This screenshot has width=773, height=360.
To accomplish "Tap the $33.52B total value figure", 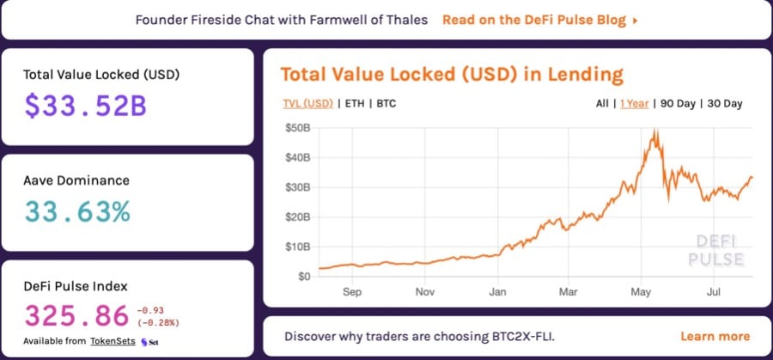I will [x=85, y=105].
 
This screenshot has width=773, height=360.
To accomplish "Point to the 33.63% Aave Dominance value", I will [x=76, y=211].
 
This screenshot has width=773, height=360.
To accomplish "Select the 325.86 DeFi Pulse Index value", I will [x=76, y=315].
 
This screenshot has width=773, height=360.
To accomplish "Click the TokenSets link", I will [x=114, y=341].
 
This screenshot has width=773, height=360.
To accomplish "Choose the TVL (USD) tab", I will [x=307, y=104].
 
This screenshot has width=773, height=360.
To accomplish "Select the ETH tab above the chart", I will [x=353, y=104].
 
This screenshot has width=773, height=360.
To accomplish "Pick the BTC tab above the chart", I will [x=386, y=104].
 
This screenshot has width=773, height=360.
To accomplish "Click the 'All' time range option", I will [x=602, y=104].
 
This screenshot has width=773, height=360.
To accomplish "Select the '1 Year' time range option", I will [x=634, y=104].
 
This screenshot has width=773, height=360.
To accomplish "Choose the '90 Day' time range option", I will [x=678, y=104].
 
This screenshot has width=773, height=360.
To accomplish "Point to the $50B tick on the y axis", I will [x=297, y=128].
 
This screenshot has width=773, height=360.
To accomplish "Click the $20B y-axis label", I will [x=297, y=217].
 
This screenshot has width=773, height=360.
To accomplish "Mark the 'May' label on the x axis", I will [x=640, y=292].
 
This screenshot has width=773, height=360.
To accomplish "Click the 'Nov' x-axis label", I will [x=424, y=292].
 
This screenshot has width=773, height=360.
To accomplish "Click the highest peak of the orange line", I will [x=656, y=131].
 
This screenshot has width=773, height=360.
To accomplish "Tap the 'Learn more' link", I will [x=715, y=336].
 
